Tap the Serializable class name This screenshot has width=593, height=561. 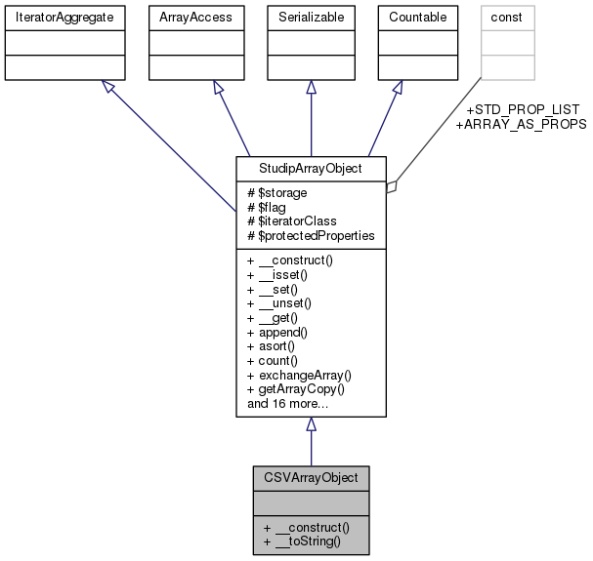(311, 17)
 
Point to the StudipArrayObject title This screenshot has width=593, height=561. (311, 167)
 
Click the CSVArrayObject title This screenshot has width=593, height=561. (311, 478)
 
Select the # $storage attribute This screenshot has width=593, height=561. (278, 193)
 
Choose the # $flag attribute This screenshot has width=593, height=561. (269, 207)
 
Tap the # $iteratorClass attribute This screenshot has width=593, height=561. (291, 221)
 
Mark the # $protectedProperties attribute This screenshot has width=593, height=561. (310, 235)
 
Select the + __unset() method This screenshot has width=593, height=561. (284, 304)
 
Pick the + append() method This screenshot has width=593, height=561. (281, 333)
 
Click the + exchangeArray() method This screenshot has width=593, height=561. (299, 375)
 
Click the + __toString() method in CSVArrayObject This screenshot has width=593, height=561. (301, 540)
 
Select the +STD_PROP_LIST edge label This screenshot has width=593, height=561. (524, 108)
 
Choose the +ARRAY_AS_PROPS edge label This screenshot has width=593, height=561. (520, 124)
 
